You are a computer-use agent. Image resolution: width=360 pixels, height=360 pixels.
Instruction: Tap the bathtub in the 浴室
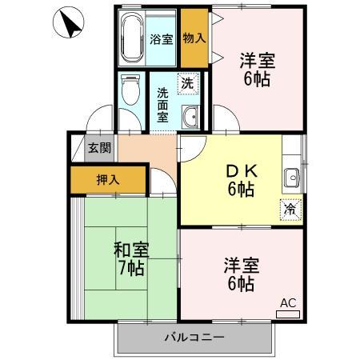click(x=131, y=38)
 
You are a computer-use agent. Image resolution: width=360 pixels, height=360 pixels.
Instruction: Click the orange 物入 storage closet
click(x=194, y=37)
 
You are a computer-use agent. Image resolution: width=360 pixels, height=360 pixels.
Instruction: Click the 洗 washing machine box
click(x=186, y=82)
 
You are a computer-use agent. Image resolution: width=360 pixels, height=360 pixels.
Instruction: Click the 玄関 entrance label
click(x=99, y=147)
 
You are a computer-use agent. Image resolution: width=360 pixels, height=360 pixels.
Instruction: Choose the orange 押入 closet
click(x=108, y=179)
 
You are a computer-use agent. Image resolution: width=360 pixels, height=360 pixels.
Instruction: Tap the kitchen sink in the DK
click(x=290, y=178)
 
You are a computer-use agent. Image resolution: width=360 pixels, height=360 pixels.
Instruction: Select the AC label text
click(x=288, y=302)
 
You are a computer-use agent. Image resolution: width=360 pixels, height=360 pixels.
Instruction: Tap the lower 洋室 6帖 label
click(x=241, y=274)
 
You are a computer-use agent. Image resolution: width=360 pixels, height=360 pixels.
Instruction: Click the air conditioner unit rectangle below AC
click(x=288, y=314)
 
